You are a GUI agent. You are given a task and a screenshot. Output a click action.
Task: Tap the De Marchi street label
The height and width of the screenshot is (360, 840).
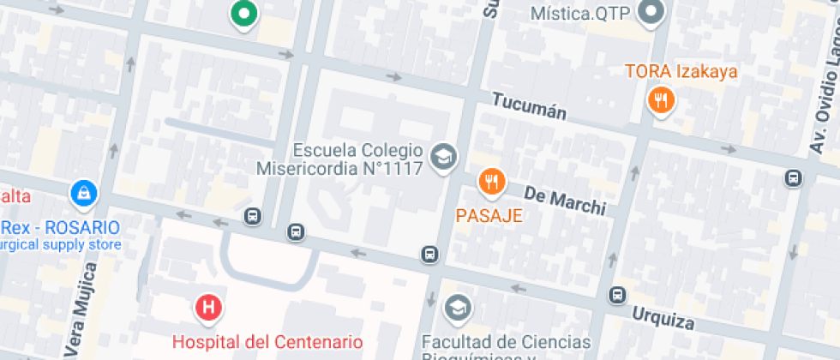click(x=564, y=200)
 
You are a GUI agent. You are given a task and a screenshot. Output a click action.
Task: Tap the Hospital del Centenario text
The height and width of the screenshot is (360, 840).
click(x=267, y=341)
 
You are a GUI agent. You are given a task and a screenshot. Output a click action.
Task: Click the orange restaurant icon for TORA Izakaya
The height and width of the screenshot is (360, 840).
click(x=661, y=101)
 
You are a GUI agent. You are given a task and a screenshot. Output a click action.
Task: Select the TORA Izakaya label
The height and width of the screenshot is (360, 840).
click(x=681, y=72)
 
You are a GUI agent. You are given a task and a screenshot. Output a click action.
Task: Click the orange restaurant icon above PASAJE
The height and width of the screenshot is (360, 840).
click(x=491, y=181)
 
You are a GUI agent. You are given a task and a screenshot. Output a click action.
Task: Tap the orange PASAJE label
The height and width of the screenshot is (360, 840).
click(x=489, y=215)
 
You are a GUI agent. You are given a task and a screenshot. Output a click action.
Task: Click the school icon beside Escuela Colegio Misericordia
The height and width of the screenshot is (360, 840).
click(x=444, y=157)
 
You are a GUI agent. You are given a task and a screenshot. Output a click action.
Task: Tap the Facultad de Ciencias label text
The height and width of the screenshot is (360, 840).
click(x=506, y=343)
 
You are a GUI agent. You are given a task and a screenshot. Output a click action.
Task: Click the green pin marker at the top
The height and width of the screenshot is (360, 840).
click(x=244, y=14)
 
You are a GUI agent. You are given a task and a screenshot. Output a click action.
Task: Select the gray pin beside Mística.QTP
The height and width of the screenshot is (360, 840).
click(x=653, y=12)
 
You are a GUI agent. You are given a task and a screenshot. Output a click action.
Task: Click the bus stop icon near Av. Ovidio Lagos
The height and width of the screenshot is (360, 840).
click(x=793, y=178)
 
